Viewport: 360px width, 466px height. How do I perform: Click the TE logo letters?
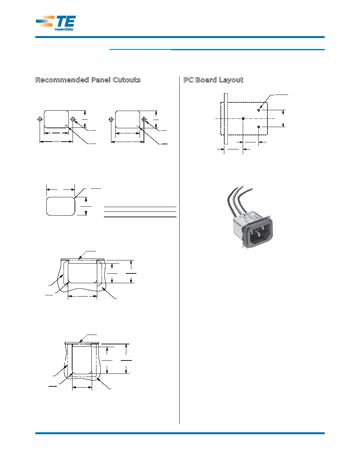(66, 21)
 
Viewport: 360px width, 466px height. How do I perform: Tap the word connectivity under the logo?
(64, 29)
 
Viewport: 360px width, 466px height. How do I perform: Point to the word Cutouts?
(127, 80)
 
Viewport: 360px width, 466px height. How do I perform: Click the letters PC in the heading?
(188, 80)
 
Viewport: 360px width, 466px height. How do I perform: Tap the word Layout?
(231, 80)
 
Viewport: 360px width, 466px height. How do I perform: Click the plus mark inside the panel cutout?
(66, 126)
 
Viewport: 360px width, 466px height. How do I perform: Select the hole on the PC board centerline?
(243, 118)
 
